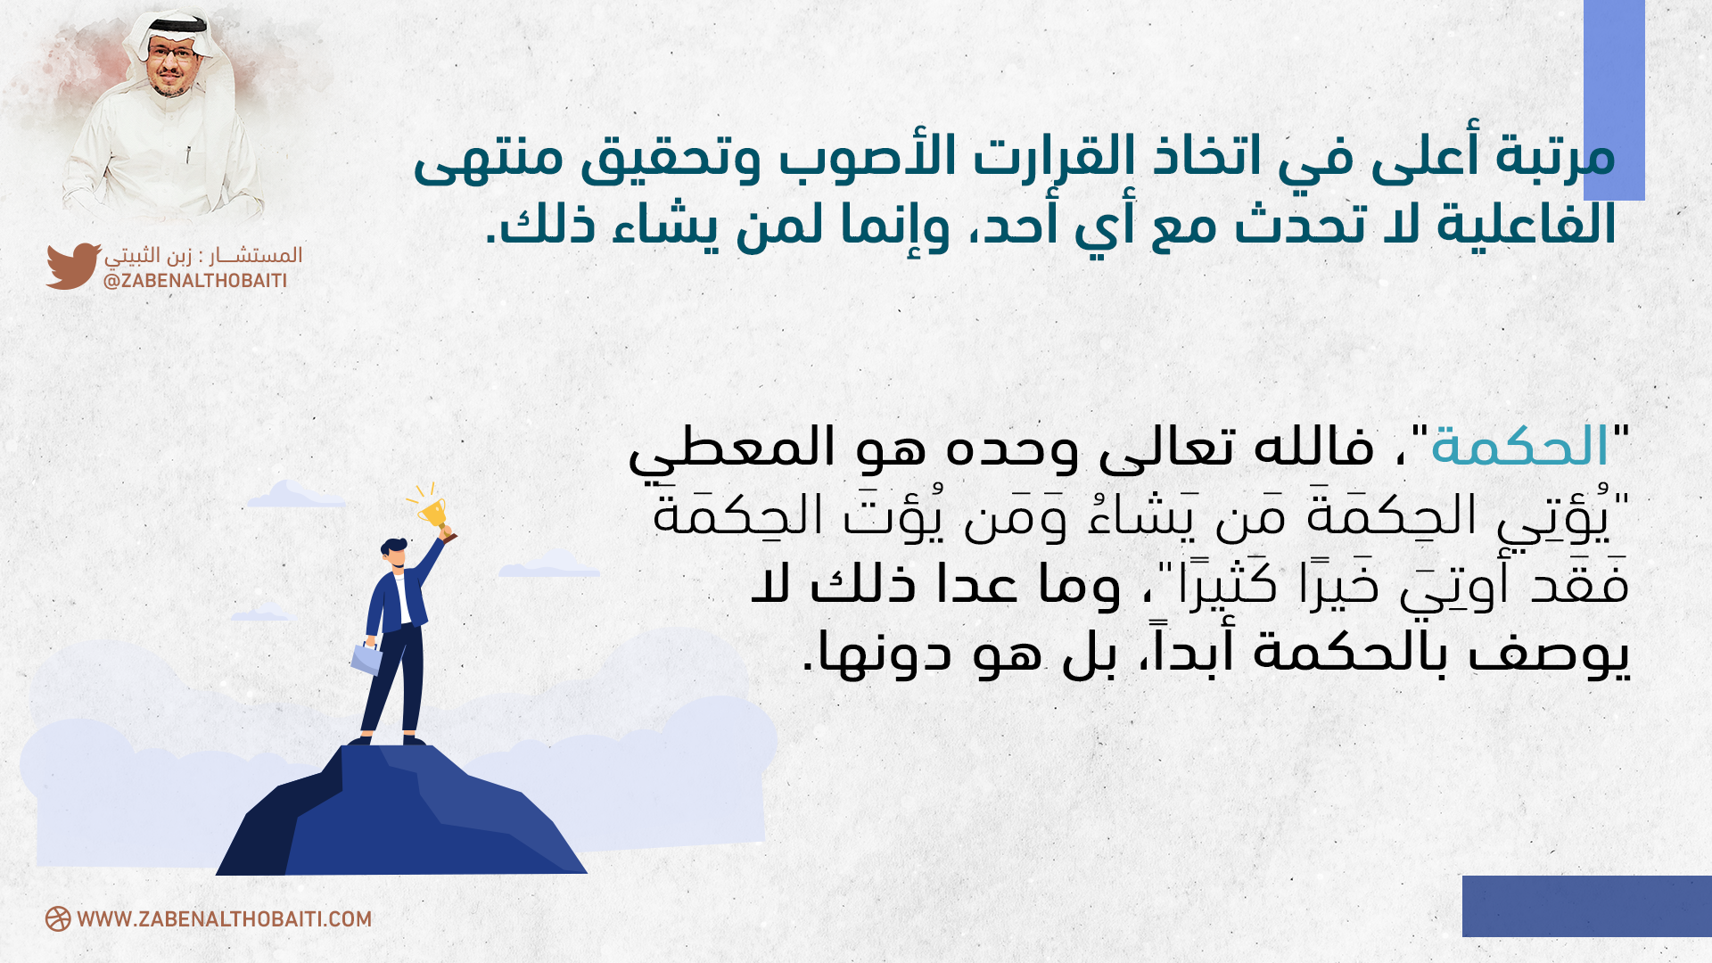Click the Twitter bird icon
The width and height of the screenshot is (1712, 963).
tap(73, 266)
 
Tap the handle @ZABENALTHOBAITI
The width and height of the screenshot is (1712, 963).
tap(195, 281)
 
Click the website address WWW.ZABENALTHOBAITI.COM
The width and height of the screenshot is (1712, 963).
tap(224, 919)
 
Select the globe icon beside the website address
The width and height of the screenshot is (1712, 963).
tap(58, 919)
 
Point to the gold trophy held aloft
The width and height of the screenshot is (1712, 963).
tap(434, 514)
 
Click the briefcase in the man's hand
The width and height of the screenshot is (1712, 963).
tap(366, 658)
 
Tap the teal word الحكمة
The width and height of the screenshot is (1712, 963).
tap(1519, 447)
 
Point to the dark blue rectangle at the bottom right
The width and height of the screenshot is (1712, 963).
tap(1587, 906)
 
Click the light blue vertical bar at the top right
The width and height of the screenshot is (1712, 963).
tap(1614, 100)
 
